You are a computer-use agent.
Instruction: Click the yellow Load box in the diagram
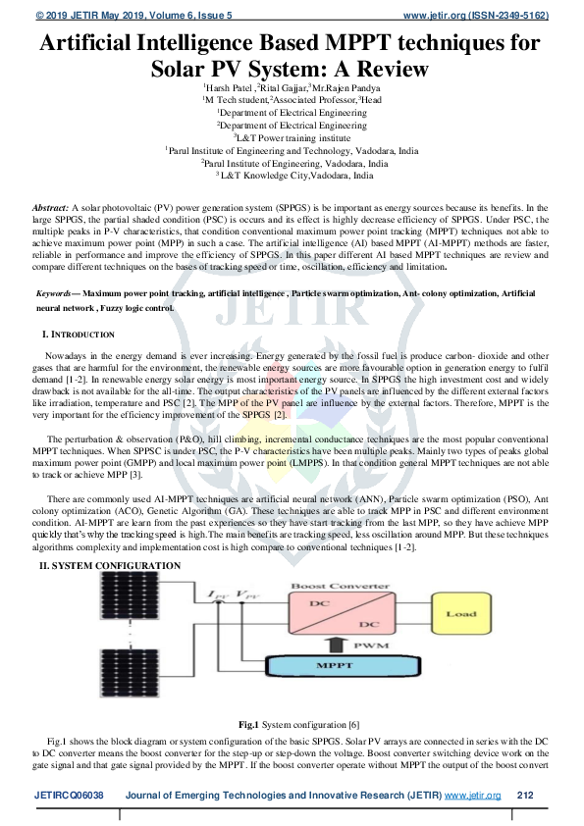(x=459, y=614)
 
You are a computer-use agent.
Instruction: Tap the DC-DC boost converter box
(x=334, y=615)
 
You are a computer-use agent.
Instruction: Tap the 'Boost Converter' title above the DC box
(x=334, y=587)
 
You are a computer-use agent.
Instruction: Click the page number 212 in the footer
(x=524, y=795)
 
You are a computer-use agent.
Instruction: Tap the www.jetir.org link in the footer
(x=473, y=795)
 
